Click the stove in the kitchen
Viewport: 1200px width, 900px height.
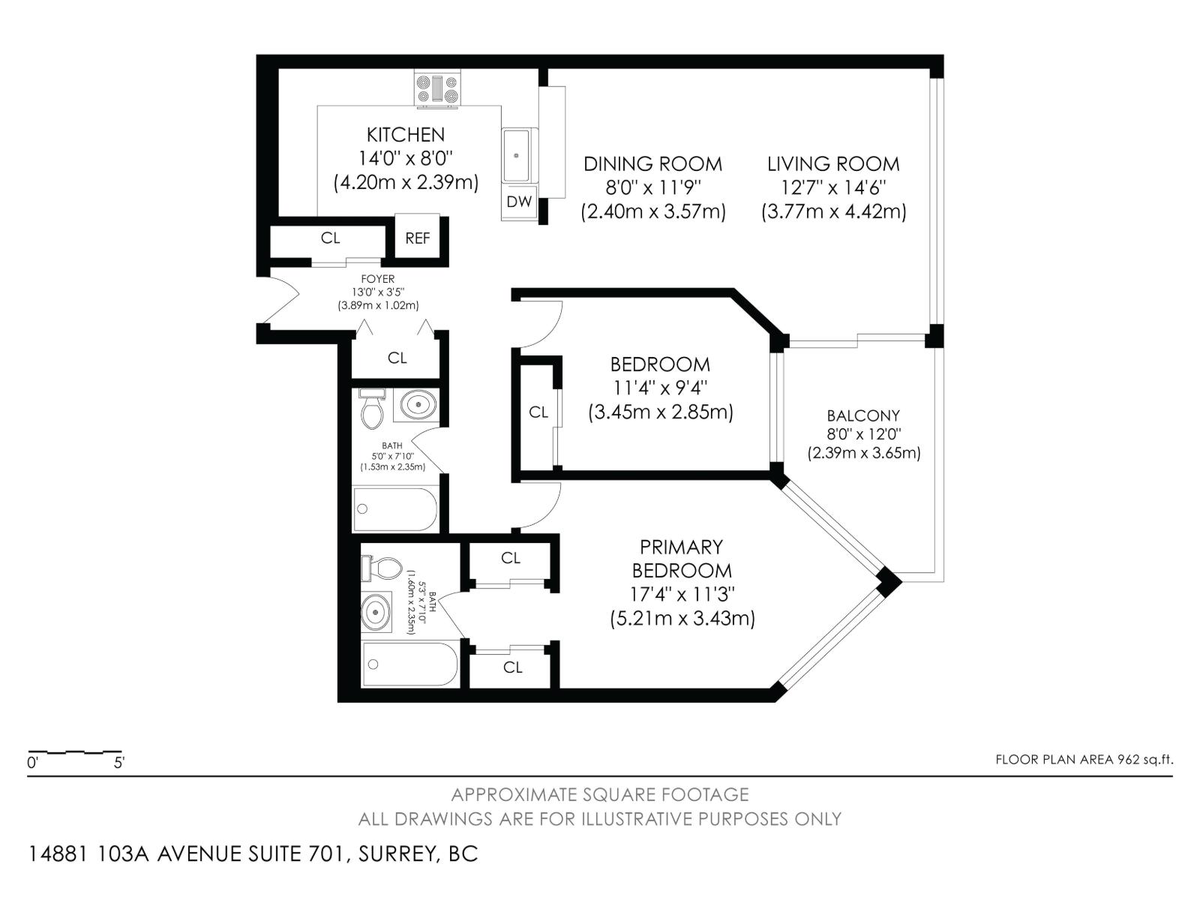point(437,88)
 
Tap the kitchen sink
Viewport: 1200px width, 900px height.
point(518,155)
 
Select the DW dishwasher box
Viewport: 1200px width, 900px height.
point(519,201)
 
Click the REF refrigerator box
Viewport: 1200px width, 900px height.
point(418,238)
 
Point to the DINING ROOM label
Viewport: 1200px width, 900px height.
point(652,163)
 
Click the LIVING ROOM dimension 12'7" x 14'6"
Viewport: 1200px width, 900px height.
point(832,187)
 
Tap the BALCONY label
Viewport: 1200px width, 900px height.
point(863,415)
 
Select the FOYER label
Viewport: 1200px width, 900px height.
point(377,279)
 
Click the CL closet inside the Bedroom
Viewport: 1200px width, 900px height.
point(538,412)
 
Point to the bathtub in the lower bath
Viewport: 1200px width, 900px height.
point(409,664)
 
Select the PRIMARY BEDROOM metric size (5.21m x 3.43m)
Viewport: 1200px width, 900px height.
point(682,619)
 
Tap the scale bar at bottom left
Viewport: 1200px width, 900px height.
point(75,751)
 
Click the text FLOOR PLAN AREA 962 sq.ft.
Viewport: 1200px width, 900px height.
point(1084,759)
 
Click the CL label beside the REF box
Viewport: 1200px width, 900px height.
point(330,238)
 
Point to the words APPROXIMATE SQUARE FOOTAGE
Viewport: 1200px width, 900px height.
point(600,794)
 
